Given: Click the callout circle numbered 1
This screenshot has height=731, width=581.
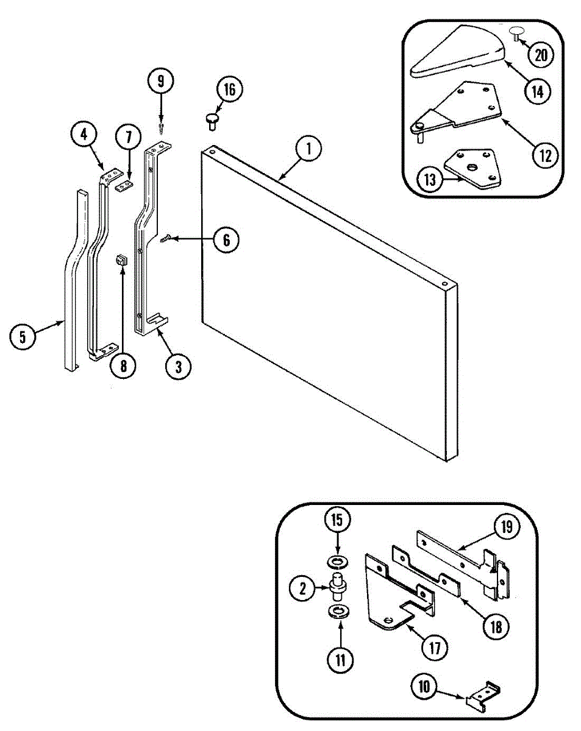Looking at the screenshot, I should click(x=309, y=149).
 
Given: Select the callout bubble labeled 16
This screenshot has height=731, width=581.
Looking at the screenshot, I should click(x=229, y=90).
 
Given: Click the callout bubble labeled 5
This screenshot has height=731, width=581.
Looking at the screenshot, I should click(x=23, y=337).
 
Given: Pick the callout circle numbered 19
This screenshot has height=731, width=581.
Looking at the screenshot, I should click(x=507, y=527).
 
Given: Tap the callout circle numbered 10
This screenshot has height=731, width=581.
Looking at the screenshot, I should click(x=424, y=687).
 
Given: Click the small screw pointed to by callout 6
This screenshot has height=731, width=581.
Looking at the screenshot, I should click(x=166, y=240).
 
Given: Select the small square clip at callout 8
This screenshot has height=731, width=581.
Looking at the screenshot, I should click(x=120, y=260).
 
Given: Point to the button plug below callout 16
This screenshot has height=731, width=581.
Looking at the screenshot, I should click(x=213, y=120).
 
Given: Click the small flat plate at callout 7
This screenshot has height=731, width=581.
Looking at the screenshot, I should click(x=124, y=185).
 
